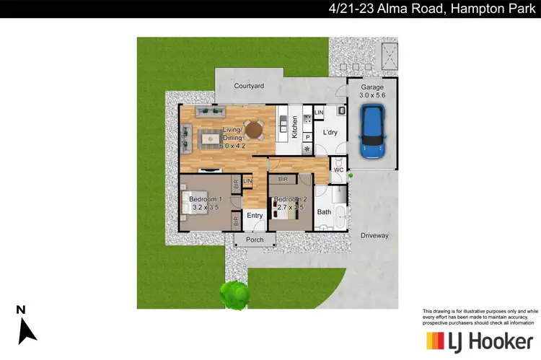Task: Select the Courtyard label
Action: click(249, 86)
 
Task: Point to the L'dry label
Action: click(330, 132)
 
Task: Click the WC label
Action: click(338, 170)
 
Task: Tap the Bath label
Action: click(323, 212)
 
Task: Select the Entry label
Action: click(255, 215)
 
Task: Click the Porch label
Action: click(255, 240)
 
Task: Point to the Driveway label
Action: click(374, 236)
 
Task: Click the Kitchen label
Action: click(294, 128)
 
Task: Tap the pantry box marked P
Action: click(307, 136)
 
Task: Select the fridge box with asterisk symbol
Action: click(307, 149)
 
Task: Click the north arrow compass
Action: click(25, 325)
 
